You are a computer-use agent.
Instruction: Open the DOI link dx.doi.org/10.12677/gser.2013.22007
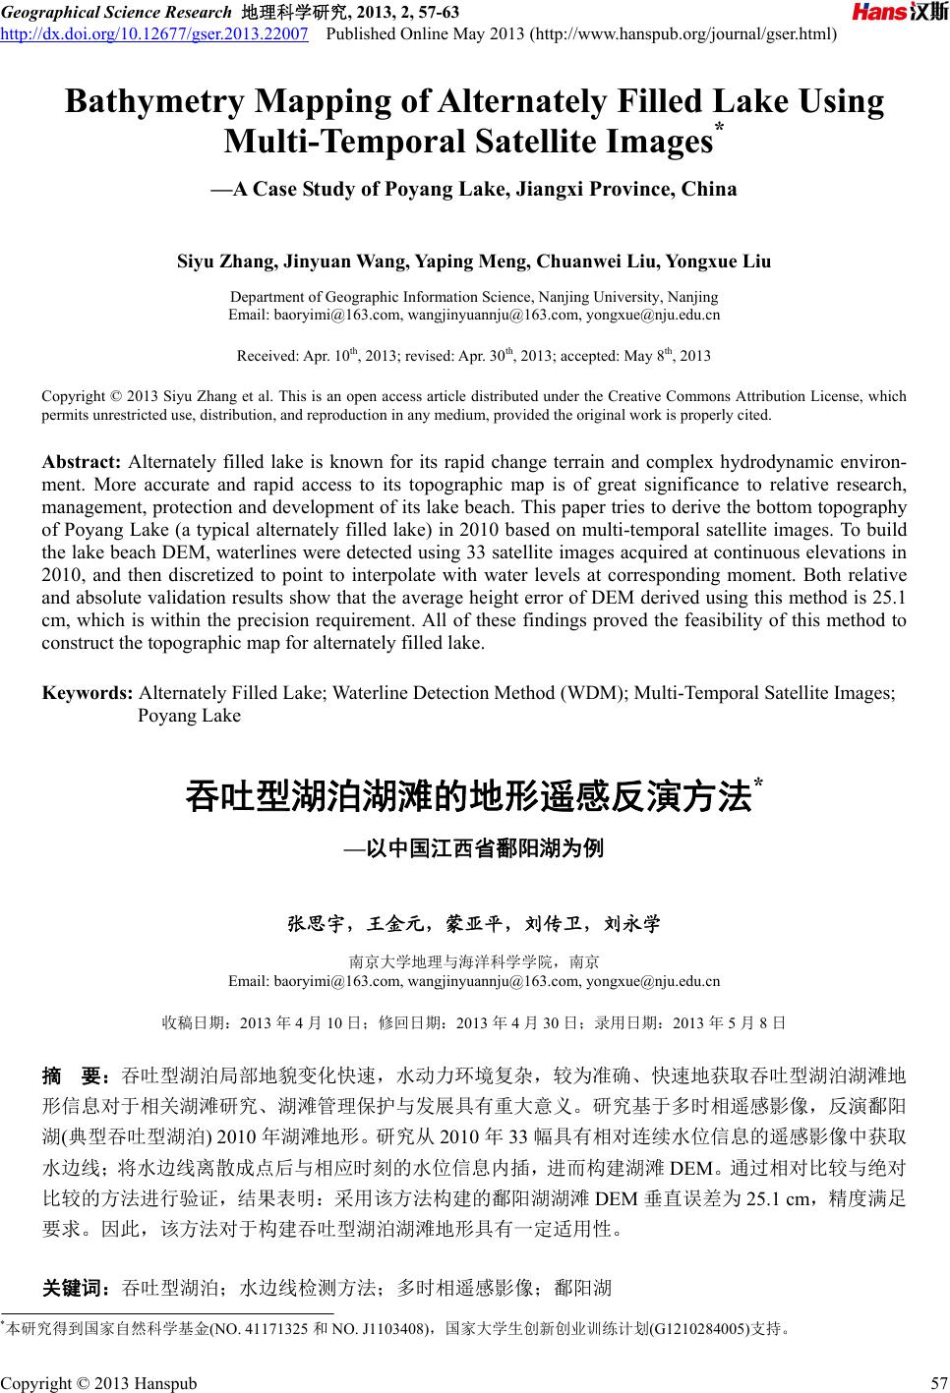[x=155, y=35]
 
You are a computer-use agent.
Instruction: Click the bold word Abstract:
[x=82, y=462]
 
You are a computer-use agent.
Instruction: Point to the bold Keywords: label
[x=87, y=693]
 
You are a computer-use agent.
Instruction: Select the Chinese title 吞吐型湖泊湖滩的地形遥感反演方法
[x=468, y=796]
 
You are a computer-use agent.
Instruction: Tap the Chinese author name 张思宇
[x=315, y=924]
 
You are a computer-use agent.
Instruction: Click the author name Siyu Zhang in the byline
[x=225, y=261]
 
